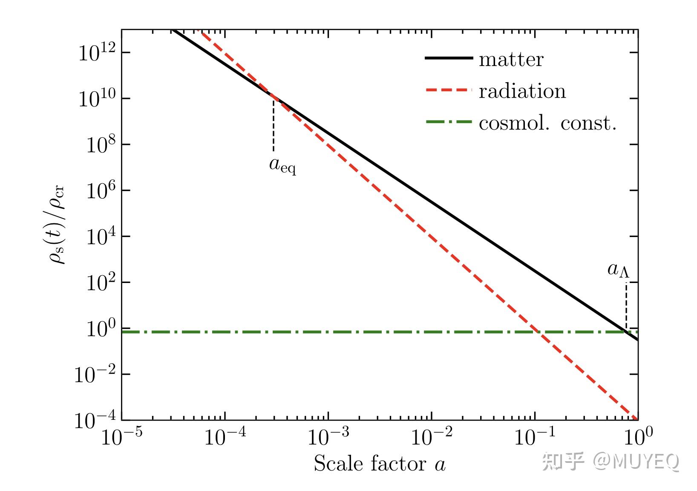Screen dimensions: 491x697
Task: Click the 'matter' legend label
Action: [x=511, y=59]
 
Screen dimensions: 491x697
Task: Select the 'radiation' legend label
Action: [x=522, y=91]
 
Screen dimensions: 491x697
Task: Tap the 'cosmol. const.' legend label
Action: [x=547, y=123]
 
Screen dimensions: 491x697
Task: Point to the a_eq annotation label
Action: [x=282, y=165]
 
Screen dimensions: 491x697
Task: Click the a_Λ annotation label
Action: [x=618, y=269]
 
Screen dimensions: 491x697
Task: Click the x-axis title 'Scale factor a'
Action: [x=380, y=464]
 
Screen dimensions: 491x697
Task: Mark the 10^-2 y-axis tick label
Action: [x=96, y=375]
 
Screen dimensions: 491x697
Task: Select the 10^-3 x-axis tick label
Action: [x=328, y=437]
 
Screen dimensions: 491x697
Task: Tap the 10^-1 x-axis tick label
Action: [x=535, y=437]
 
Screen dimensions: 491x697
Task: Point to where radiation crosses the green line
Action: [x=536, y=332]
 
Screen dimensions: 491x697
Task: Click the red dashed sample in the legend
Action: [x=449, y=90]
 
